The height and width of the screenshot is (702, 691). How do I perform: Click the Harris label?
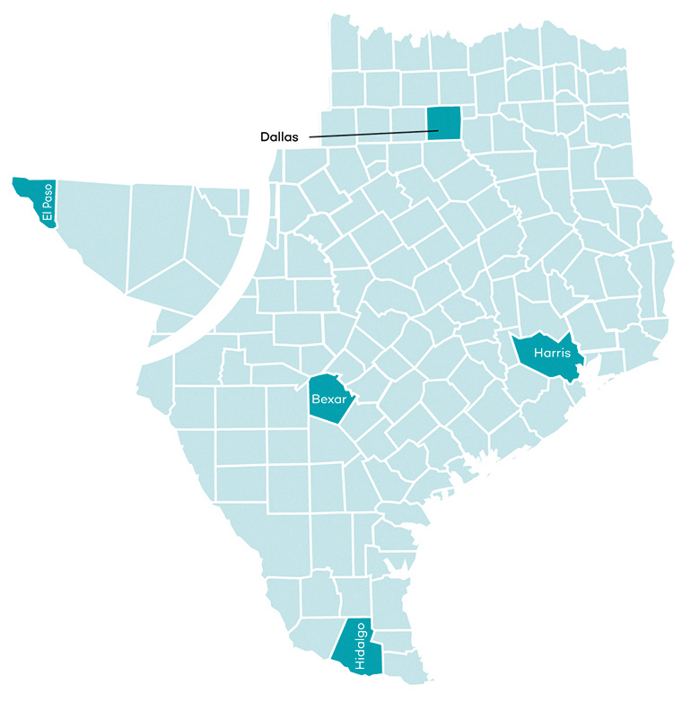tap(551, 353)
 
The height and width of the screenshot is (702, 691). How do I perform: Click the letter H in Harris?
tap(537, 353)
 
